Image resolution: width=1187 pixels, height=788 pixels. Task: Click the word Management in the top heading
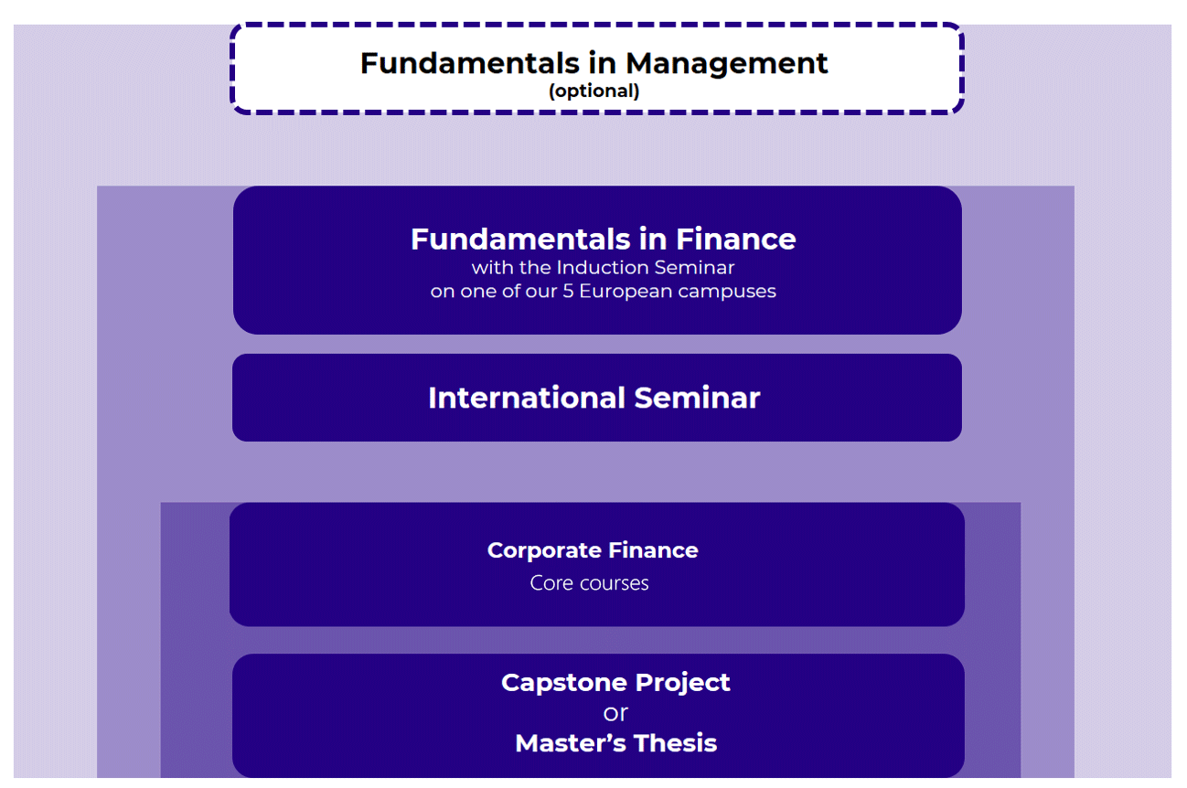tap(727, 63)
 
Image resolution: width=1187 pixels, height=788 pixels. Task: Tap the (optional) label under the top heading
tap(593, 91)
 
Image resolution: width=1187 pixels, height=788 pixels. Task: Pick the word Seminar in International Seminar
tap(697, 398)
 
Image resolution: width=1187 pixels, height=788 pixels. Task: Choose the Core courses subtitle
tap(589, 583)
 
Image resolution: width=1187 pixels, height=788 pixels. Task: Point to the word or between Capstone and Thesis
tap(615, 713)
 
